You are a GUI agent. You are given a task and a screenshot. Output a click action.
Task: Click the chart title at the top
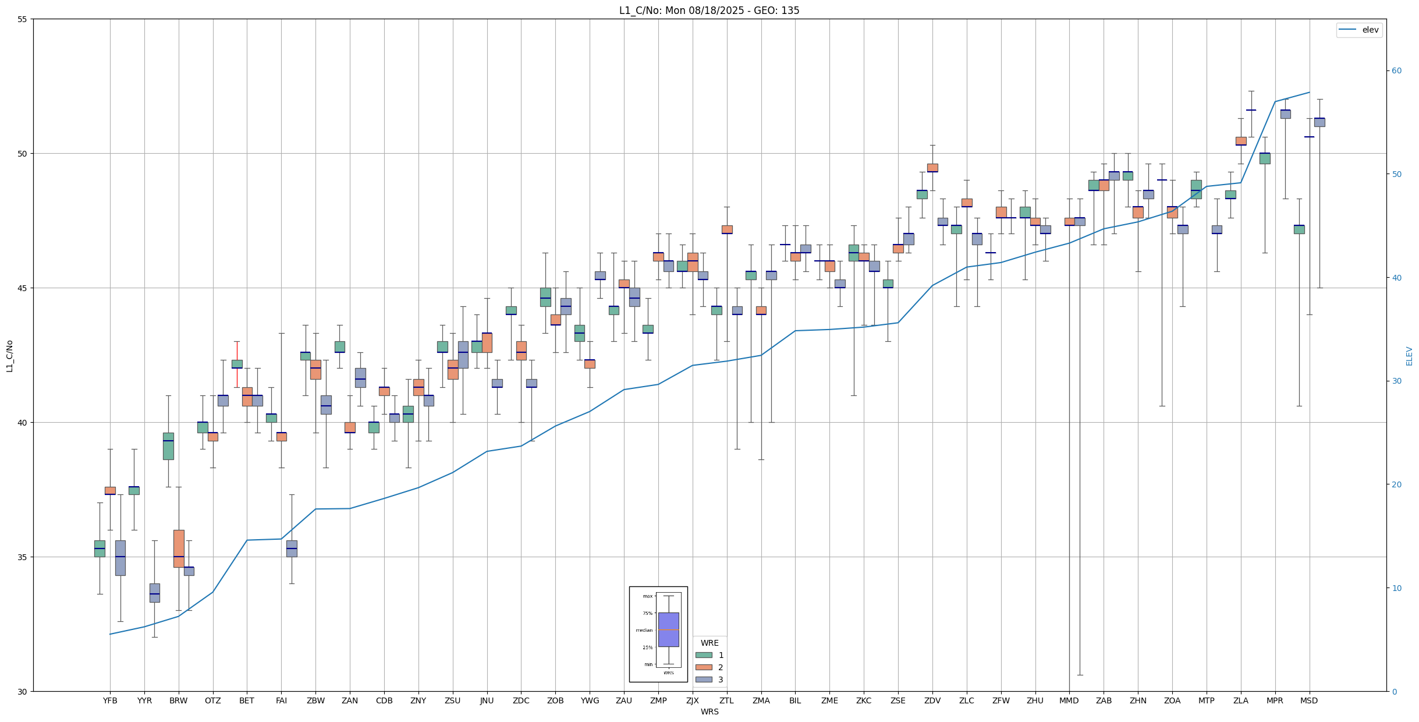[709, 10]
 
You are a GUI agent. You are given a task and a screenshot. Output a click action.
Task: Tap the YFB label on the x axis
[110, 700]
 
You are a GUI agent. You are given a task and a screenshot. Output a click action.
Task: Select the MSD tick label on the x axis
[1309, 700]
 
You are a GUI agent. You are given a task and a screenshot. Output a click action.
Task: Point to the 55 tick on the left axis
[23, 19]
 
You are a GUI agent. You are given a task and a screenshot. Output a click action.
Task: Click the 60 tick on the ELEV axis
[1396, 71]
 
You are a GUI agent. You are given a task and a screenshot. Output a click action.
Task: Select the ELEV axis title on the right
[1409, 356]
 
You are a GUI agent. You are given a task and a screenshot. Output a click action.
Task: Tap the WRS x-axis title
[709, 712]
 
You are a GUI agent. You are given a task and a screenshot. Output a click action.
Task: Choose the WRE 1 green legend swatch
[704, 655]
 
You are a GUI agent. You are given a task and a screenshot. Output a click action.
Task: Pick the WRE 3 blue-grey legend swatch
[704, 679]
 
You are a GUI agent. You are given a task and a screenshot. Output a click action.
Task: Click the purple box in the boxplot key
[668, 629]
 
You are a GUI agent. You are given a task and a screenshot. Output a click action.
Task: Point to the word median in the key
[644, 630]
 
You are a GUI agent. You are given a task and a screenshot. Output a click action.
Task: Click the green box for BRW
[168, 446]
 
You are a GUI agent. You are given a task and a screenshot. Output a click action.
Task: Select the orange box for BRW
[179, 548]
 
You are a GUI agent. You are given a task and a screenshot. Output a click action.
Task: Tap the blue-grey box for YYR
[154, 593]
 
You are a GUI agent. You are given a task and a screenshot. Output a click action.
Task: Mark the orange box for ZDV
[932, 168]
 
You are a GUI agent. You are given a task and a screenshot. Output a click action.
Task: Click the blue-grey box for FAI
[292, 548]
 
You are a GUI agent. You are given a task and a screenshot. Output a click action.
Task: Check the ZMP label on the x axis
[658, 700]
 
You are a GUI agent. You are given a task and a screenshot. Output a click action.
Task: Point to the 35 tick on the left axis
[23, 557]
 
